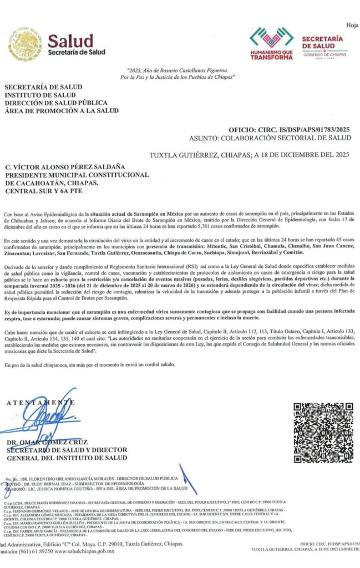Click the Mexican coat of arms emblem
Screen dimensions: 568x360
click(25, 44)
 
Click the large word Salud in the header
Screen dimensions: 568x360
click(68, 41)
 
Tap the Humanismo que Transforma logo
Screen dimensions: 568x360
click(271, 44)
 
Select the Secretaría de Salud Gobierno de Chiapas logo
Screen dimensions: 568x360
click(322, 44)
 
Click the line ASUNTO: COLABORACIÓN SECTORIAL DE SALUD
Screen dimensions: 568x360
click(270, 137)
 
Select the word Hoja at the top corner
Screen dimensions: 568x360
click(352, 26)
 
